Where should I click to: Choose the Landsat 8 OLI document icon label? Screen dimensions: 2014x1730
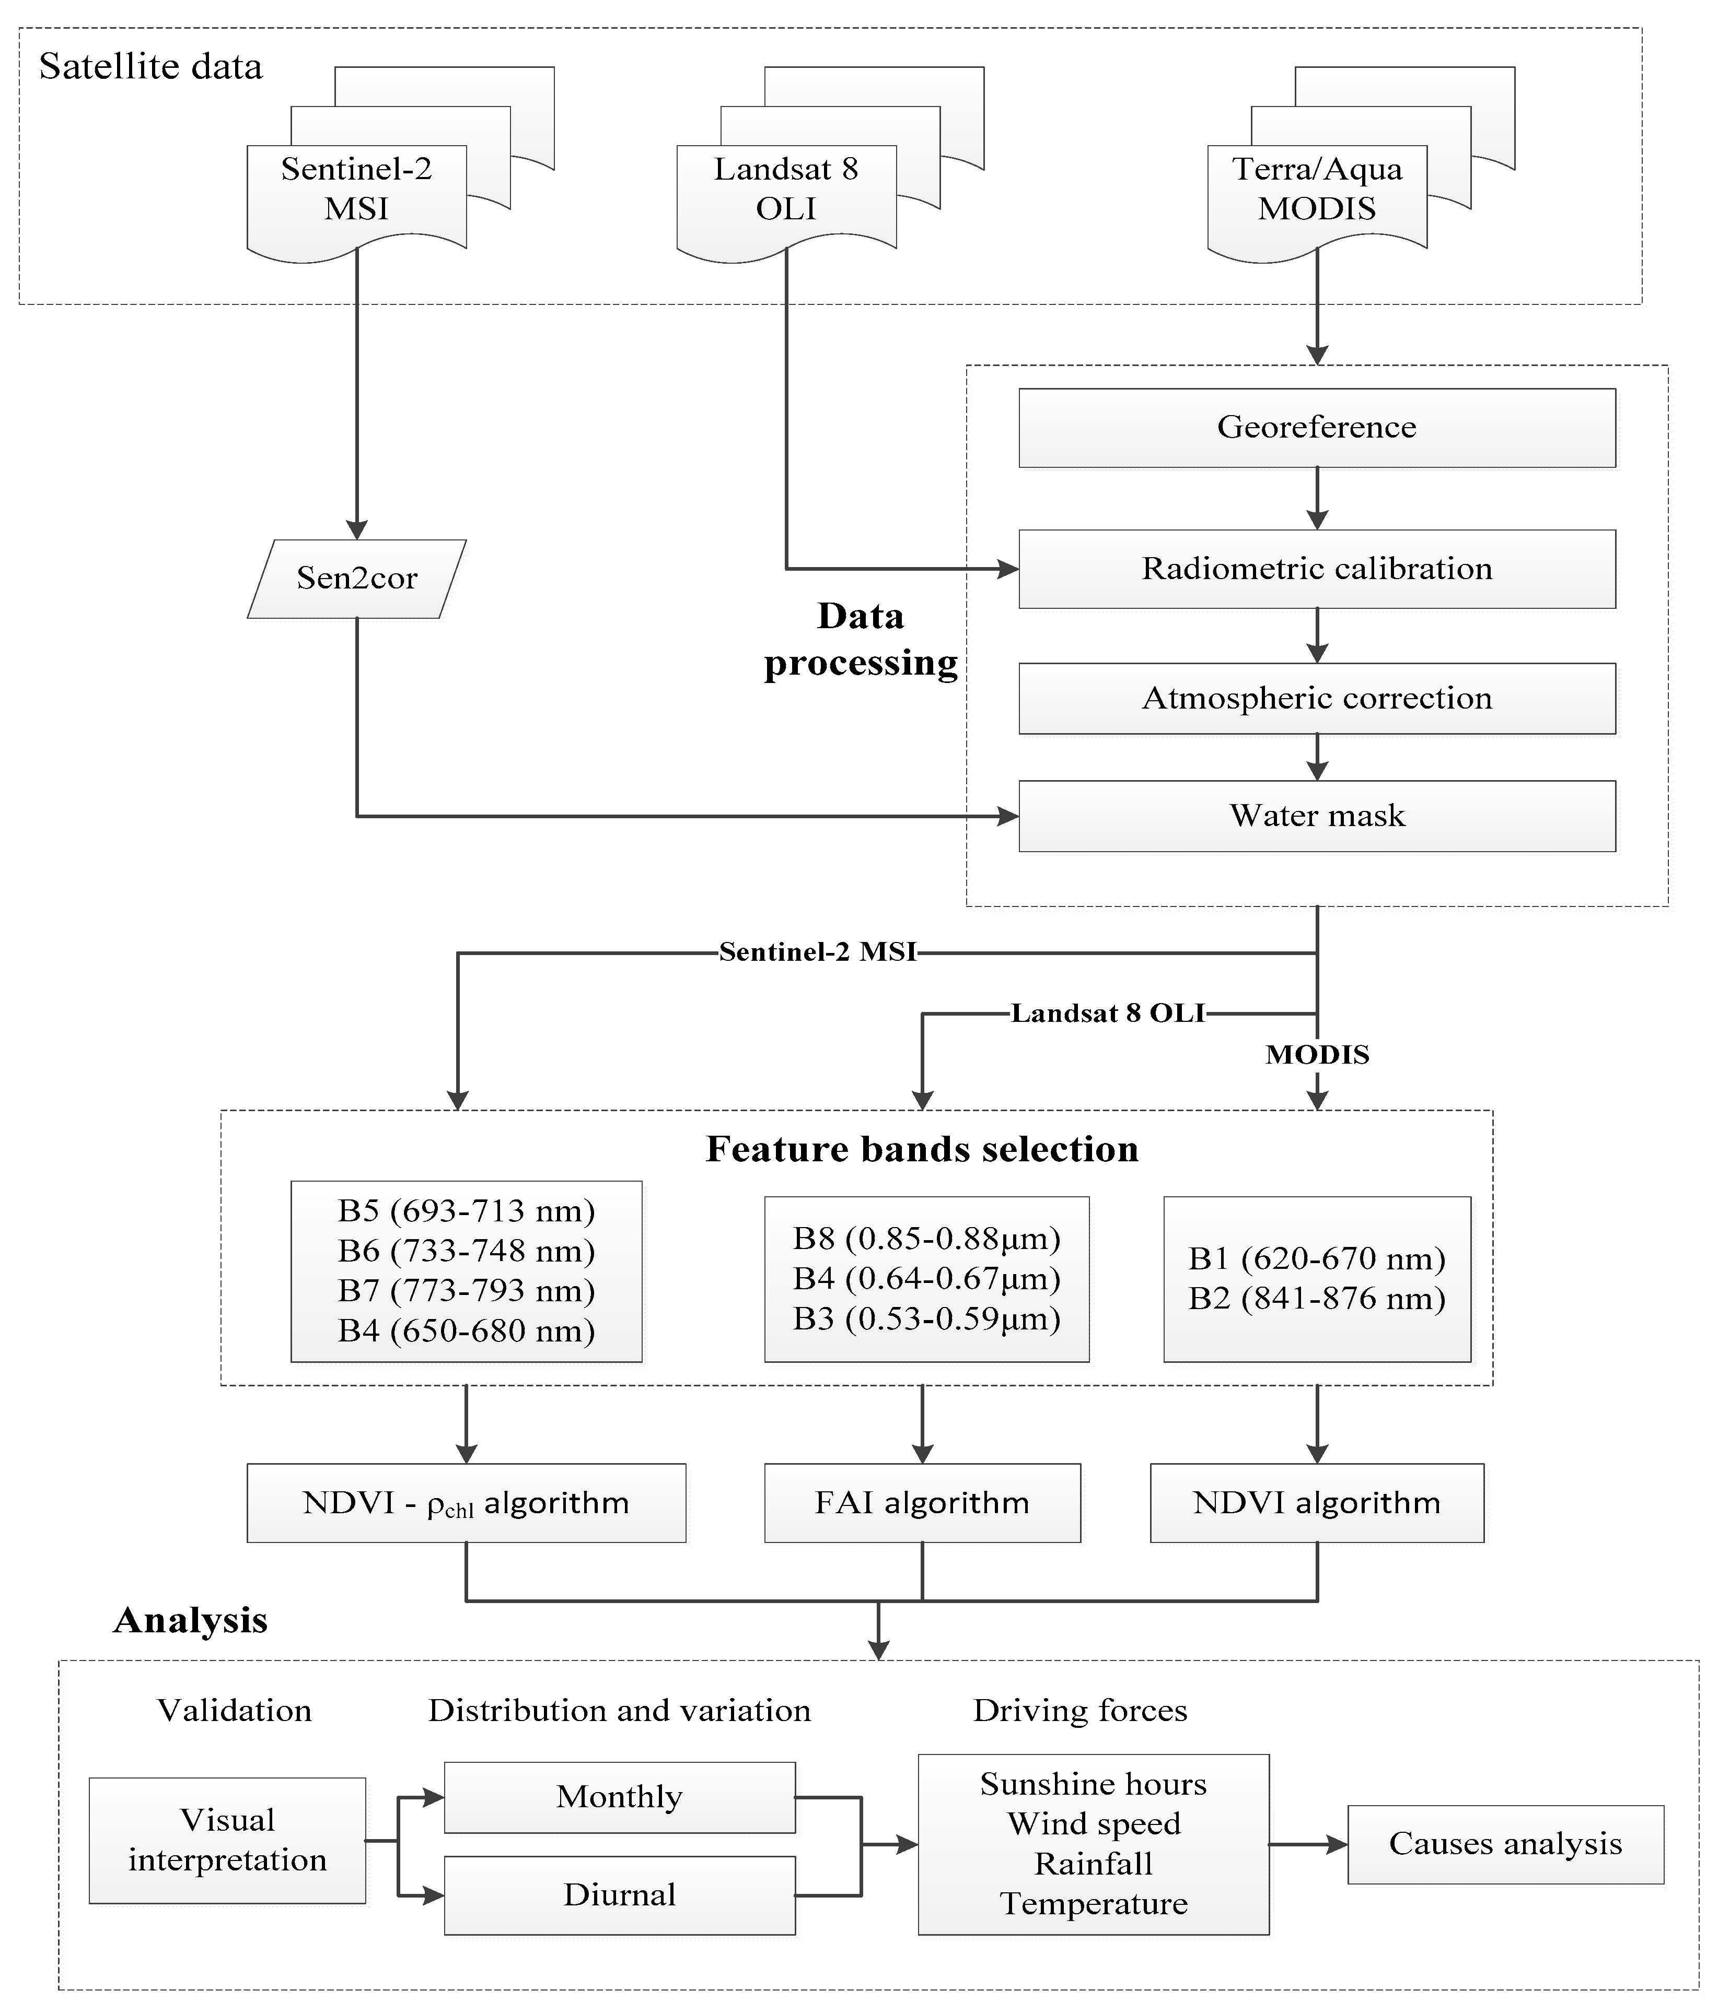786,189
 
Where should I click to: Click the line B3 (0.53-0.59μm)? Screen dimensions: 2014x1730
926,1319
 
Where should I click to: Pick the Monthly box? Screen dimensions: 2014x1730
620,1796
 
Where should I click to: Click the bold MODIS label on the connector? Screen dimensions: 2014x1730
1317,1055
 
